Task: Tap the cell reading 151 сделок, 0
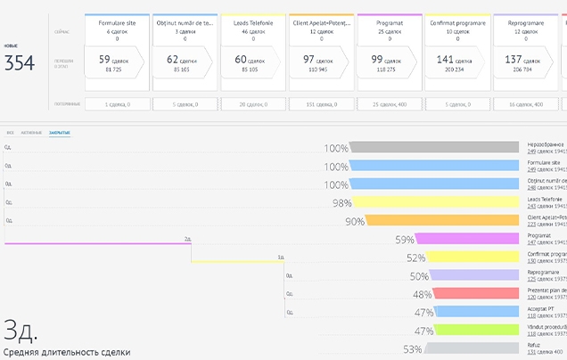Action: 320,103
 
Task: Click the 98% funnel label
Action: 341,203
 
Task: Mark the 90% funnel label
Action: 355,221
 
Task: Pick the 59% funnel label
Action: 405,240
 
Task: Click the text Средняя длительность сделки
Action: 67,353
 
